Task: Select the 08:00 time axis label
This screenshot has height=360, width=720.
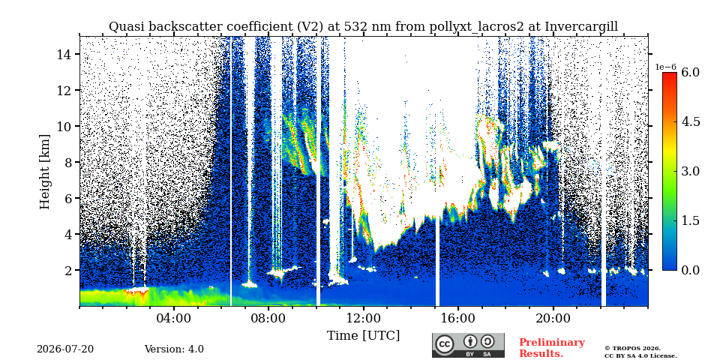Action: (268, 319)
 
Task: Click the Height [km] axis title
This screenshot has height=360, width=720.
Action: (44, 172)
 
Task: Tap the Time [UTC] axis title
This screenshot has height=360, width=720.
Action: (363, 336)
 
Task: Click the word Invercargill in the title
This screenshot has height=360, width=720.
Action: (581, 27)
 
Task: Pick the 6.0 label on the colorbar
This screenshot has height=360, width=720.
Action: (690, 72)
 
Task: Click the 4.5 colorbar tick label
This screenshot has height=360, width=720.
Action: (690, 121)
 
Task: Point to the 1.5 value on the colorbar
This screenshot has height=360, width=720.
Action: (690, 220)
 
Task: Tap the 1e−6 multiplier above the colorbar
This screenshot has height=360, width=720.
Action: (665, 67)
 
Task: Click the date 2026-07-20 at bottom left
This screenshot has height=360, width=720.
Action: (65, 349)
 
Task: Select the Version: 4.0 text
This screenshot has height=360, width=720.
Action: (174, 349)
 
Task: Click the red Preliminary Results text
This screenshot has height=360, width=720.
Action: (552, 348)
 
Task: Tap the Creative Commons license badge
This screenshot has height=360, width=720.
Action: (468, 345)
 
